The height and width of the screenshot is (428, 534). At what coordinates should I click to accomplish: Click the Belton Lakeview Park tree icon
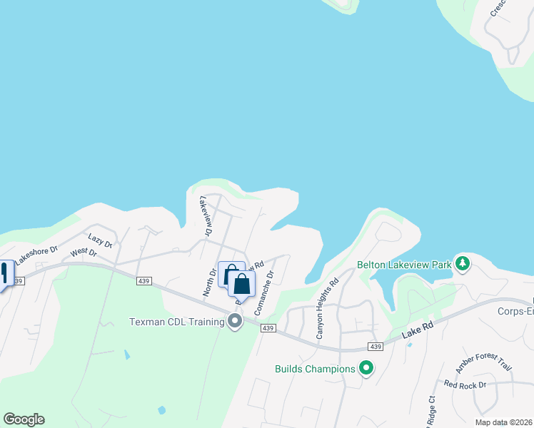pyautogui.click(x=463, y=264)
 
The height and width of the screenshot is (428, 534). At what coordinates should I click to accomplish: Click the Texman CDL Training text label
pyautogui.click(x=178, y=322)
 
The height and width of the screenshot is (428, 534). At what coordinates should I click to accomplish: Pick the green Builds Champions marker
pyautogui.click(x=366, y=369)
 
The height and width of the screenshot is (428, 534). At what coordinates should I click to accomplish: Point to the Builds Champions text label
pyautogui.click(x=315, y=369)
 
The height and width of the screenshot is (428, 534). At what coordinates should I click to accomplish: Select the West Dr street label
pyautogui.click(x=83, y=253)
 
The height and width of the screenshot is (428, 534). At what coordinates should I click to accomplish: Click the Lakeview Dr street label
pyautogui.click(x=207, y=215)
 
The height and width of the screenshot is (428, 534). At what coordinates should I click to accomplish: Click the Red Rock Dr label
pyautogui.click(x=464, y=384)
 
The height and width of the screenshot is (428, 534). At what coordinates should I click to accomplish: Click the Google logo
pyautogui.click(x=24, y=419)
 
